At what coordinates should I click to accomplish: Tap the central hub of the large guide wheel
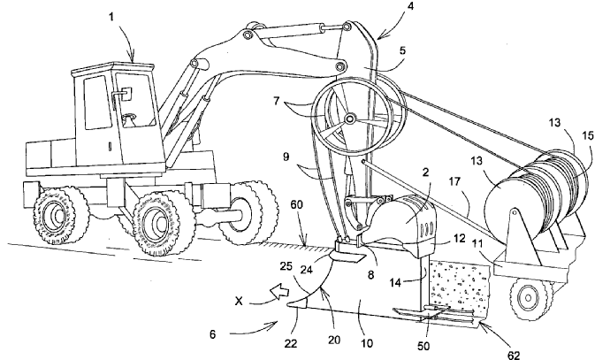(350, 119)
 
